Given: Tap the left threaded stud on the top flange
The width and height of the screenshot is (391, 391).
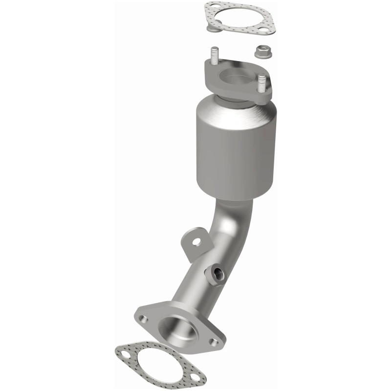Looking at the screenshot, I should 214,54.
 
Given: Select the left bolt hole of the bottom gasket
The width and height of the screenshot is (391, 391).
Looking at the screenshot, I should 125,350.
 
